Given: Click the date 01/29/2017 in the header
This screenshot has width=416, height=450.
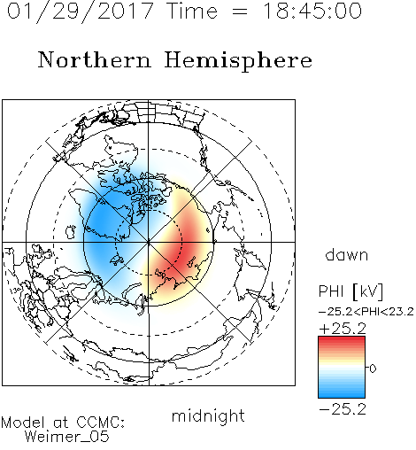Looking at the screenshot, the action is [81, 12].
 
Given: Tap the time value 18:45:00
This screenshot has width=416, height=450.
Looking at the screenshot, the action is [312, 11].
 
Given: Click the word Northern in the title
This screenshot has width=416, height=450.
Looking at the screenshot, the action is [95, 59].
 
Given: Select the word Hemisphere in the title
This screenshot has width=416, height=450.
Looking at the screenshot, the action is [238, 61].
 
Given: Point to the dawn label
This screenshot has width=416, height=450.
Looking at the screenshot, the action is [347, 254].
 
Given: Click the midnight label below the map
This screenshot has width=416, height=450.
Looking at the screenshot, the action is [208, 415].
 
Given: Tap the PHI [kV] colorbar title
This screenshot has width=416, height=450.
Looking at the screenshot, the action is [351, 291].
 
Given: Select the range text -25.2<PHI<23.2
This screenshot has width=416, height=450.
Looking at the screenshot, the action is [366, 312].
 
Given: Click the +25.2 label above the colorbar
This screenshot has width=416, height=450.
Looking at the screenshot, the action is [343, 329].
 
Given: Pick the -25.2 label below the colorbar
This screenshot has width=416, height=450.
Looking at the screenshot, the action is [343, 409].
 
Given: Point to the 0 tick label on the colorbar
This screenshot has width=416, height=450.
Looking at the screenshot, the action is [373, 369].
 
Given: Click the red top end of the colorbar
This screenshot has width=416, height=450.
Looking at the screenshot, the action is [342, 339].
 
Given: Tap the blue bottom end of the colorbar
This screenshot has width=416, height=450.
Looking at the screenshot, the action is [342, 395].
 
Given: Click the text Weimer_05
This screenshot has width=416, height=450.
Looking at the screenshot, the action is [67, 437].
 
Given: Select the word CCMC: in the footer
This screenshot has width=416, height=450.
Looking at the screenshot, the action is [100, 423].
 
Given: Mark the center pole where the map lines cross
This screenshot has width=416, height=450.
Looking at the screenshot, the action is [149, 243].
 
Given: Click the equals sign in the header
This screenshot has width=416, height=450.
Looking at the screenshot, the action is [240, 12].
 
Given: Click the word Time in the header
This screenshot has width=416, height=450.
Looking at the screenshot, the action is [192, 12].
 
